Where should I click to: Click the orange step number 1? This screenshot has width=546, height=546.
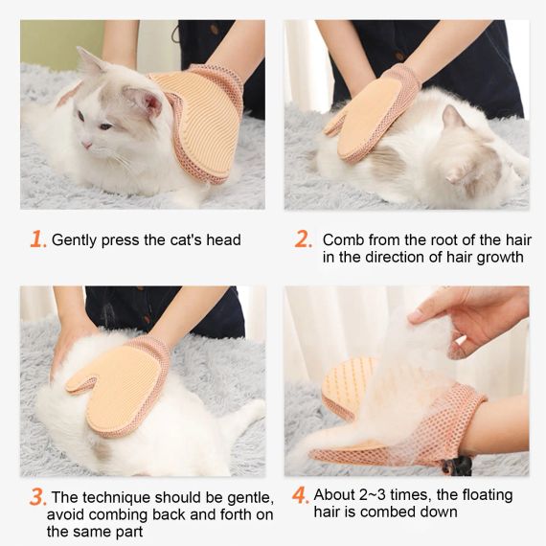(x=36, y=239)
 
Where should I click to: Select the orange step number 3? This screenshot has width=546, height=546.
(x=36, y=497)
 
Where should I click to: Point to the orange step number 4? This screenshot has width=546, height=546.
(x=299, y=495)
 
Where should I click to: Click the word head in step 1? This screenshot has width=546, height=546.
(x=223, y=239)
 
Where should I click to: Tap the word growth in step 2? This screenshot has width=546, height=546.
(x=500, y=258)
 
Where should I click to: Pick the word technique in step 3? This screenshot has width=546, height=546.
(x=116, y=497)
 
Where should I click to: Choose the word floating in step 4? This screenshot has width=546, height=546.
(x=488, y=495)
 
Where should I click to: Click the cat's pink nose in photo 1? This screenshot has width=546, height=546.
(x=86, y=144)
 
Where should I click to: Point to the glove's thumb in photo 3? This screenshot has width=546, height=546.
(x=81, y=384)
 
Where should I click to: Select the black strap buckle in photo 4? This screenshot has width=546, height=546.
(x=458, y=466)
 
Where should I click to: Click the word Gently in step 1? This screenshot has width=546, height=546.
(x=74, y=240)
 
